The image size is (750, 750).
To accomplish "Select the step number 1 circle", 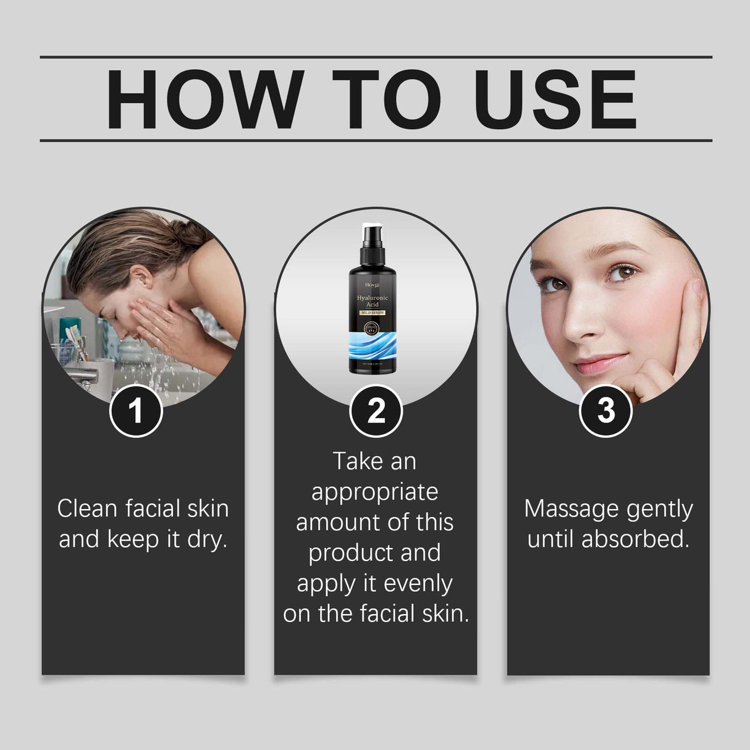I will pos(136,411).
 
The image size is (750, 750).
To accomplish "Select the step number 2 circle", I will pos(376,411).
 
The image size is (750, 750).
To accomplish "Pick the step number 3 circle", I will pos(606,411).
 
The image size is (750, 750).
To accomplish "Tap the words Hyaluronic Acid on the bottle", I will pos(373,301).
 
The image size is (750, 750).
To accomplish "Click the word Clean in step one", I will pos(88,509).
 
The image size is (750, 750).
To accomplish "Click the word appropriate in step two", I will pos(375,492).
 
